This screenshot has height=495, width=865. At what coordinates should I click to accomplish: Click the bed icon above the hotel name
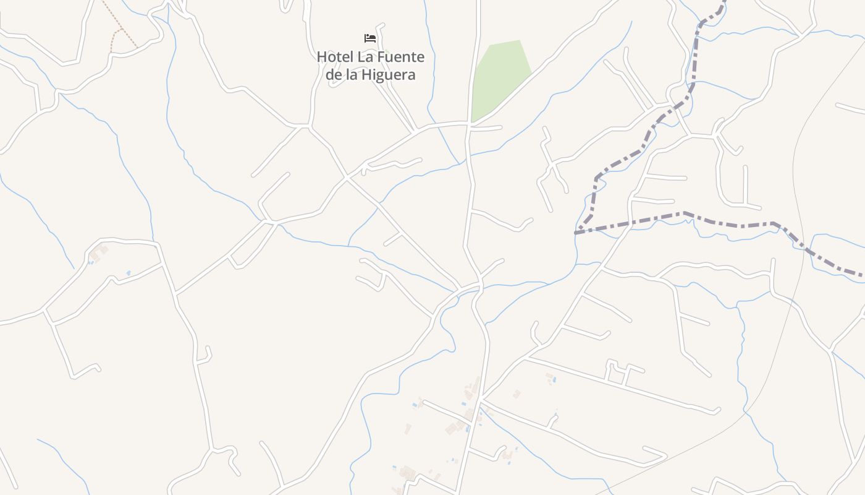[x=370, y=38]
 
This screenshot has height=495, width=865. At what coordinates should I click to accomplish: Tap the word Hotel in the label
[x=335, y=57]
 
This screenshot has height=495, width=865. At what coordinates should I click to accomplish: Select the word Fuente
[x=401, y=57]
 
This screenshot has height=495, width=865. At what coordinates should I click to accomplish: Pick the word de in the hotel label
[x=334, y=75]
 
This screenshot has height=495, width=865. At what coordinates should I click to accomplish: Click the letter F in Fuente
[x=381, y=57]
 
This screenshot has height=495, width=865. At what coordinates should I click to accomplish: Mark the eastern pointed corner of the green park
[x=531, y=73]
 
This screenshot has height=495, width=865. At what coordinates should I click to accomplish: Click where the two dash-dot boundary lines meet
[x=576, y=233]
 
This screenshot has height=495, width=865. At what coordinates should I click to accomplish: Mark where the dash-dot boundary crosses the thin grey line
[x=804, y=246]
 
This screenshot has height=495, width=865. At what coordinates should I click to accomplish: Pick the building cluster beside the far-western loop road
[x=98, y=254]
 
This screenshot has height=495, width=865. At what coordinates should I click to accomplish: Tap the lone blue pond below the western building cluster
[x=129, y=273]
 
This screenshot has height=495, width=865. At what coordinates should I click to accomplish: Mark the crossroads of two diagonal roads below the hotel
[x=347, y=178]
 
